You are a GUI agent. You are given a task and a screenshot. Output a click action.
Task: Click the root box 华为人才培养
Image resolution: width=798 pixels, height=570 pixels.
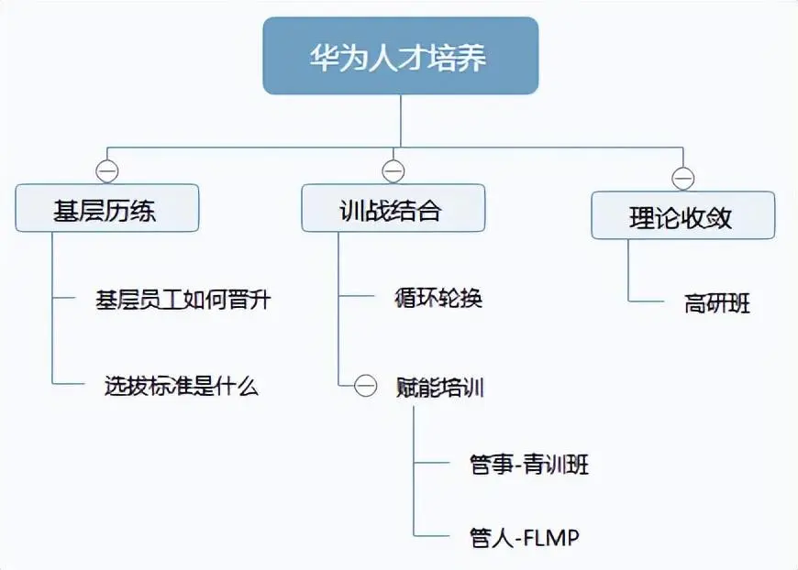pos(400,57)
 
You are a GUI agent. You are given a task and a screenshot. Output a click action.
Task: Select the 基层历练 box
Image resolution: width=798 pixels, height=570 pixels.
pos(106,209)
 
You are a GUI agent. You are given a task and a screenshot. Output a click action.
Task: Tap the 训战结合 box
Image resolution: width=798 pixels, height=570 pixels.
pos(393,209)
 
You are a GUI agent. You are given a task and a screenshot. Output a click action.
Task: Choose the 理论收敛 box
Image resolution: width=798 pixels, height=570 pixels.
pos(682,216)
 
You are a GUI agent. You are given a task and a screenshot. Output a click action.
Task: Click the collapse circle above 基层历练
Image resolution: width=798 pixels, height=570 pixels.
pos(107,171)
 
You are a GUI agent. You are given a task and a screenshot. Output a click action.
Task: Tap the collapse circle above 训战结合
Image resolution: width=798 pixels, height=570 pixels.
pos(393,171)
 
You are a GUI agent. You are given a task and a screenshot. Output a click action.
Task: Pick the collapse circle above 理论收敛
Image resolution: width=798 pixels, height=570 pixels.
pos(682,178)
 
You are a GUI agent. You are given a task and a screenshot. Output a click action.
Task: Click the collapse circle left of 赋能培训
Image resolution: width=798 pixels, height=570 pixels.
pos(366,387)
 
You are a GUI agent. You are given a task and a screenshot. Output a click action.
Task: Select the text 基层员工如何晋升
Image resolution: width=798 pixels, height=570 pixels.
pos(183,299)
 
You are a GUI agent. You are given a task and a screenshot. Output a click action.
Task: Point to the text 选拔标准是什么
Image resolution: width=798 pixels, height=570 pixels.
pos(182,387)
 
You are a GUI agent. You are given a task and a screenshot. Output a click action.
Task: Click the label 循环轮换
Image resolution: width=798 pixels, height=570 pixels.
pos(438,299)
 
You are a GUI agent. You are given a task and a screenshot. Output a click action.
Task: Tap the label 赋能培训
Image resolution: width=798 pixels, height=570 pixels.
pos(440,387)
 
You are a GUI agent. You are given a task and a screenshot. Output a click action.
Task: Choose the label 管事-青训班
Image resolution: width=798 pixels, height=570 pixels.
pos(528,465)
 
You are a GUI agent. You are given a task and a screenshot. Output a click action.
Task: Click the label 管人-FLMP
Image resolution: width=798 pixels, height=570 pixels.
pos(525,537)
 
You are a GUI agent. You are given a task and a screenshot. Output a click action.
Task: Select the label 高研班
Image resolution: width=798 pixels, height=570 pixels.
pos(716,303)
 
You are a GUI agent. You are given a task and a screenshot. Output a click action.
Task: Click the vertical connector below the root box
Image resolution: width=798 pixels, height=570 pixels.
pos(401,119)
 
